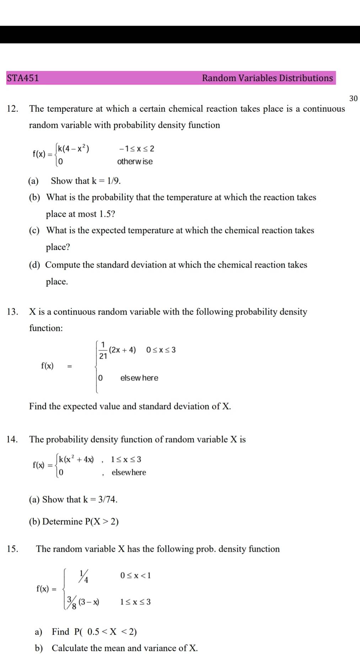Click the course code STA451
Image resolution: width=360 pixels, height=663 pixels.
point(23,78)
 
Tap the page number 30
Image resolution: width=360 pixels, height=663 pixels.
point(353,98)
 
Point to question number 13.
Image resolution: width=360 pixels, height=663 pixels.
point(12,312)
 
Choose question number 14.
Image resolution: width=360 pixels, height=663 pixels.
point(12,439)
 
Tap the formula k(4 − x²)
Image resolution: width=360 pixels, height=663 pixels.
point(73,149)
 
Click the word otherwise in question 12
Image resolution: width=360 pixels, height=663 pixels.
point(135,161)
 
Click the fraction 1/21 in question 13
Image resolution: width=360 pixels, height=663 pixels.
point(103,350)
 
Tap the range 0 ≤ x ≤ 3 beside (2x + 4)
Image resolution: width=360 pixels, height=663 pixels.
point(161,350)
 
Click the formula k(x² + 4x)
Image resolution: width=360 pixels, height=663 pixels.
point(76,459)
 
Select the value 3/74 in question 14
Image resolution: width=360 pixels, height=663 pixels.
point(108,499)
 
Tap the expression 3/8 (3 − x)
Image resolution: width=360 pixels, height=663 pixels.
point(83,602)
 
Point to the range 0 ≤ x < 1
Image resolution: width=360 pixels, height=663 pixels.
point(135,576)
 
